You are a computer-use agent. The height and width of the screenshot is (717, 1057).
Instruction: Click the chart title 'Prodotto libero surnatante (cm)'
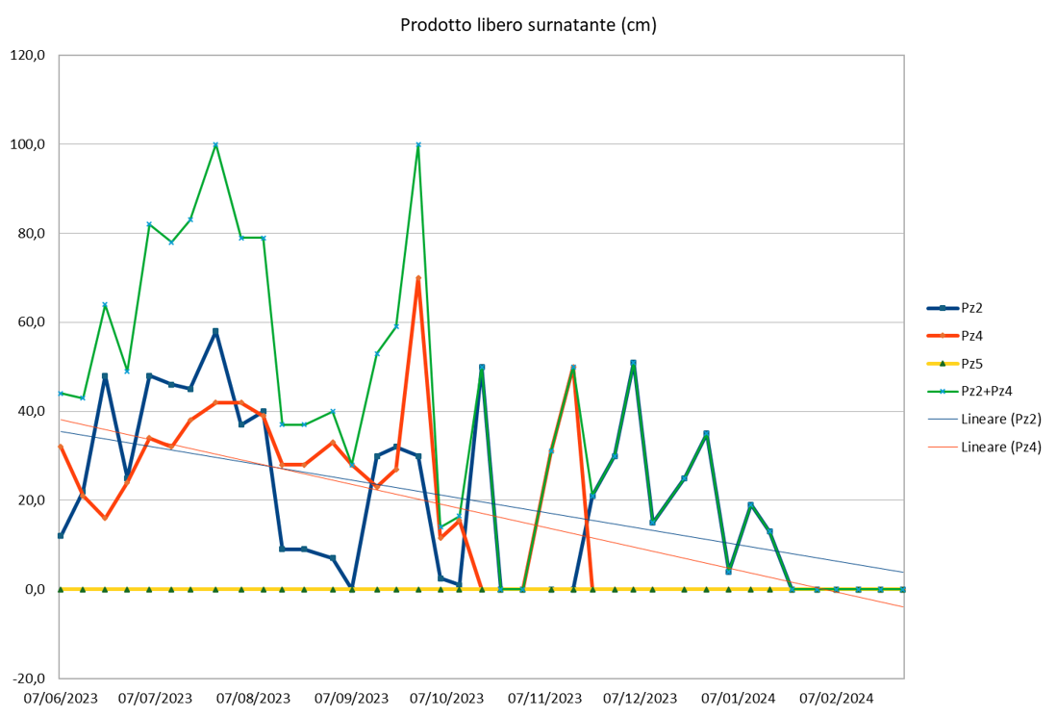pyautogui.click(x=528, y=25)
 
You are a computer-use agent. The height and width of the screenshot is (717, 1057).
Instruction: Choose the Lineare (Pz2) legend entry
pyautogui.click(x=1001, y=419)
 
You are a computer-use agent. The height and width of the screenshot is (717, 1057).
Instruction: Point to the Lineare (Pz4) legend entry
pyautogui.click(x=1001, y=447)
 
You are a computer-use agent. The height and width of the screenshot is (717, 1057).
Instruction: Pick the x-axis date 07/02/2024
pyautogui.click(x=837, y=698)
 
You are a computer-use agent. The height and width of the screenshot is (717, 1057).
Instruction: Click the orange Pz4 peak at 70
pyautogui.click(x=418, y=278)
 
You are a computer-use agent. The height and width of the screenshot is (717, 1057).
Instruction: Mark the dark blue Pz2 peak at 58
pyautogui.click(x=215, y=331)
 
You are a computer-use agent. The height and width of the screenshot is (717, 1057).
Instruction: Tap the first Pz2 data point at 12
pyautogui.click(x=61, y=535)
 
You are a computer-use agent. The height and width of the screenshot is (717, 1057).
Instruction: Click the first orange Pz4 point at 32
pyautogui.click(x=61, y=447)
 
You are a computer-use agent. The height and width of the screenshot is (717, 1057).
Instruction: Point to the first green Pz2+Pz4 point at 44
pyautogui.click(x=61, y=394)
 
